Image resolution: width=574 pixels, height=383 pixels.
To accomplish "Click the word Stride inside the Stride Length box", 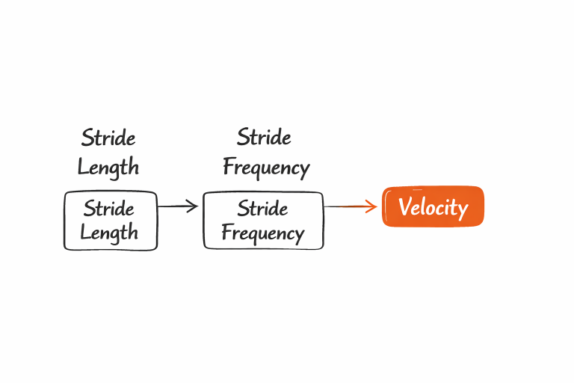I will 109,208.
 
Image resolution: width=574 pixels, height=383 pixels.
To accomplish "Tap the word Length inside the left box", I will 109,233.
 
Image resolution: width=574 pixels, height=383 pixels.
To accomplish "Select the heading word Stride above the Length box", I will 109,138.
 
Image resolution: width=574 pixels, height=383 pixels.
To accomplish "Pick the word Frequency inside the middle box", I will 263,233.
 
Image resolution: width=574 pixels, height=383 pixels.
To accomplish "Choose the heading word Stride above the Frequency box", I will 265,138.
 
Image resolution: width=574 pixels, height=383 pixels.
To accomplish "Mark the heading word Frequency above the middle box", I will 266,167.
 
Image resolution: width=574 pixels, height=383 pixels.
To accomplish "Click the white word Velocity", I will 433,207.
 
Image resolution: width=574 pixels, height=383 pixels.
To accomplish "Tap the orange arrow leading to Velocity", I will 351,206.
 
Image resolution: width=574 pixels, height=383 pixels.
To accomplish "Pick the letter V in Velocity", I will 404,206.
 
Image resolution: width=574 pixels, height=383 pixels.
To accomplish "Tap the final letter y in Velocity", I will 463,209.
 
